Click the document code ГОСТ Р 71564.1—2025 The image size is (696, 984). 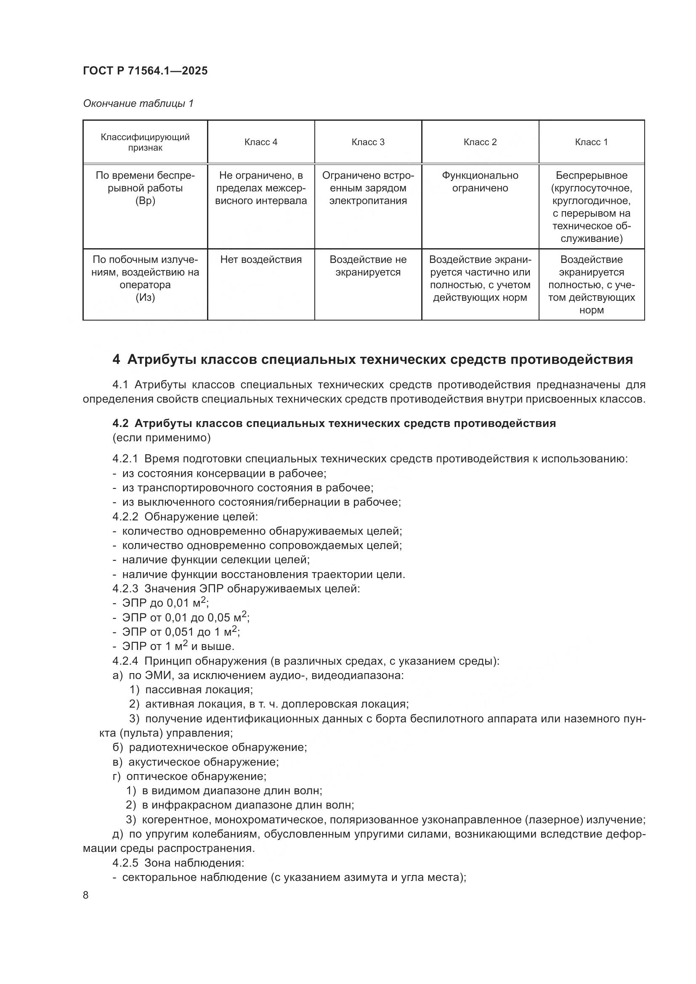pos(145,71)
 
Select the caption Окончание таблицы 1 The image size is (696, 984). pos(138,103)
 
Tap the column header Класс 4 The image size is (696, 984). pos(260,142)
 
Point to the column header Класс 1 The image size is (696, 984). pos(591,142)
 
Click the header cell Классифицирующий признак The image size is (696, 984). pos(145,142)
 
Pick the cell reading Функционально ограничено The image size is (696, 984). pos(480,182)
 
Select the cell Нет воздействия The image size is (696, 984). pos(260,259)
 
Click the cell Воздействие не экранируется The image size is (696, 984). pos(368,266)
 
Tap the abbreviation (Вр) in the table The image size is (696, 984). pos(145,201)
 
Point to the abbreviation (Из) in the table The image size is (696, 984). pos(145,297)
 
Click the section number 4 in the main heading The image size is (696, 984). pos(116,359)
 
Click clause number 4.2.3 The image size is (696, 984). pos(125,589)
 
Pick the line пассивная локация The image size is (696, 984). pos(199,690)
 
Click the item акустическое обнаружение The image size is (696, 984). pos(203,762)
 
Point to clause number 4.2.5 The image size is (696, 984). pos(125,863)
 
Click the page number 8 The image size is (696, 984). pos(86,895)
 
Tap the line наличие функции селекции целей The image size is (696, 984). pos(215,560)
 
